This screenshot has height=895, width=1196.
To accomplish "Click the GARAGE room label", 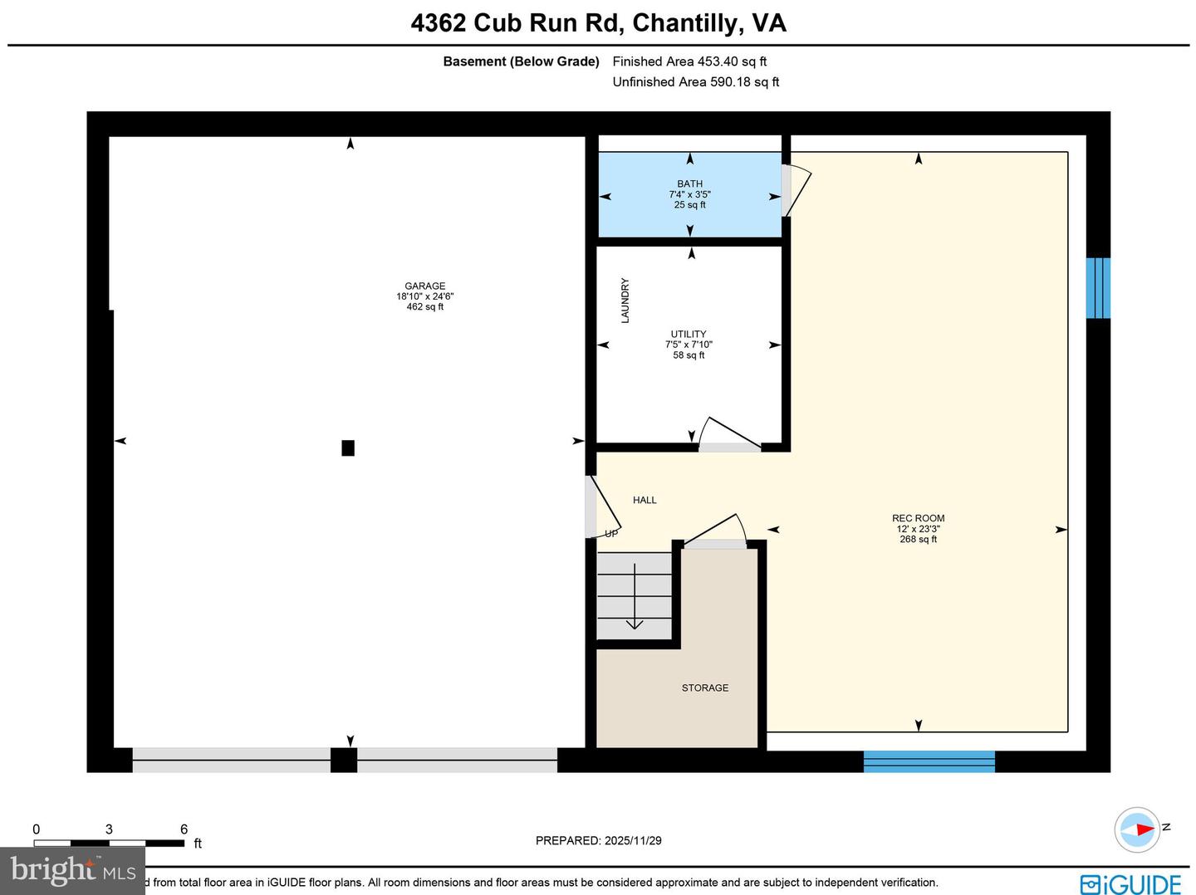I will click(x=424, y=286).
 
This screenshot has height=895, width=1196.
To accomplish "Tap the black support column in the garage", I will click(x=348, y=448).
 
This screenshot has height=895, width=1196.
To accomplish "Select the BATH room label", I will click(x=689, y=184).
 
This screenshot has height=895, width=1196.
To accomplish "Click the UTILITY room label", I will click(x=689, y=335).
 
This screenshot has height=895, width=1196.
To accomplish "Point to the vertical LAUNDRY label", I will click(x=625, y=301).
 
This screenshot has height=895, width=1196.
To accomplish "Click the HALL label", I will click(x=645, y=501).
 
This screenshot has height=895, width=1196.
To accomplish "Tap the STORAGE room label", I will click(x=704, y=688).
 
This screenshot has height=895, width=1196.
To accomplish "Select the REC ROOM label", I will click(x=918, y=519).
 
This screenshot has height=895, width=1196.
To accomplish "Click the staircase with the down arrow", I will click(x=635, y=596).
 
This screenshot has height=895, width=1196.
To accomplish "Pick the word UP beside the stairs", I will click(x=611, y=534).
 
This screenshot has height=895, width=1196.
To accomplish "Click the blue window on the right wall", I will click(x=1098, y=288).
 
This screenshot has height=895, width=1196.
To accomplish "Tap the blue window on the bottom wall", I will click(x=929, y=761).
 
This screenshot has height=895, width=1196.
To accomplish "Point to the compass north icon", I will click(x=1137, y=829).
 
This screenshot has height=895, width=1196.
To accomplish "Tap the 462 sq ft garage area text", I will click(x=424, y=307).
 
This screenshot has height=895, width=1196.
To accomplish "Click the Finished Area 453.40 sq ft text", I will click(x=689, y=61).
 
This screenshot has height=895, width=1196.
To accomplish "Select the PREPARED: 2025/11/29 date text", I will click(x=598, y=841).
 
